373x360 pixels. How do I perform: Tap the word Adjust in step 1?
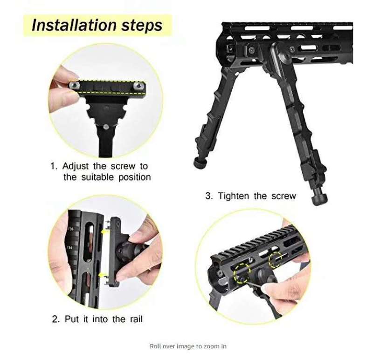tap(76, 166)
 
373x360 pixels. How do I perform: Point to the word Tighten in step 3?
tap(234, 196)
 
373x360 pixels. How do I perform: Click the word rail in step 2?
tap(136, 319)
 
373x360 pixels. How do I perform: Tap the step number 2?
tap(55, 319)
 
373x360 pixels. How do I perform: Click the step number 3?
tap(209, 196)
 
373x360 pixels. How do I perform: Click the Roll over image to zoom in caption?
tap(188, 346)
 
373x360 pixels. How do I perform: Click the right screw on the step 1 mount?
tap(138, 86)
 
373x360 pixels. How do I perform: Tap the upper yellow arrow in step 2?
tap(104, 231)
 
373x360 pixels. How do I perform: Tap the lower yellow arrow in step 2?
tap(102, 275)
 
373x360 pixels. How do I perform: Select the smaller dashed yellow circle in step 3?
tap(276, 260)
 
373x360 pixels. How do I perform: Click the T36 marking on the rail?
tap(71, 229)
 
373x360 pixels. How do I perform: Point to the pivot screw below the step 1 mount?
tap(106, 127)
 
